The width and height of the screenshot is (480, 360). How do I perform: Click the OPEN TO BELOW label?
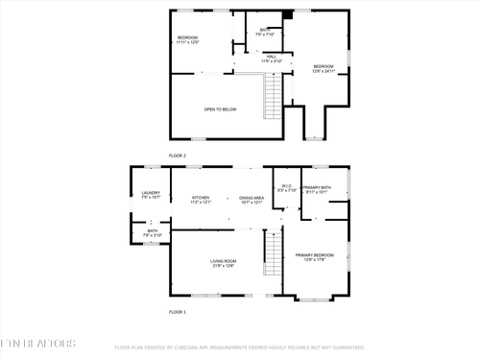click(220, 109)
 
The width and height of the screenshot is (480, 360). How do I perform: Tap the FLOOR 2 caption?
click(178, 155)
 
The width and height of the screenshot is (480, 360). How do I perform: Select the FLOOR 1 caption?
click(178, 312)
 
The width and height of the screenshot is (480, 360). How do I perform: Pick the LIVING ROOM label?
click(224, 263)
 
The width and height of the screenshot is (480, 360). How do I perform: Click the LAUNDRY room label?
click(151, 195)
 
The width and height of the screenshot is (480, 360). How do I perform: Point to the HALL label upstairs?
click(272, 59)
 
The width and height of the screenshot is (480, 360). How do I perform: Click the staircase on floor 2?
click(275, 96)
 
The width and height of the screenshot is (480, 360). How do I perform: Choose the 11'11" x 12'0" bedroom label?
click(186, 39)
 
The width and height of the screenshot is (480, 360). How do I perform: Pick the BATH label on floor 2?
click(264, 32)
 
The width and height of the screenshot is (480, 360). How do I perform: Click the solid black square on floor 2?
click(286, 15)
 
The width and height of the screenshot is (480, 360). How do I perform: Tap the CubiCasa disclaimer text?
click(240, 348)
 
